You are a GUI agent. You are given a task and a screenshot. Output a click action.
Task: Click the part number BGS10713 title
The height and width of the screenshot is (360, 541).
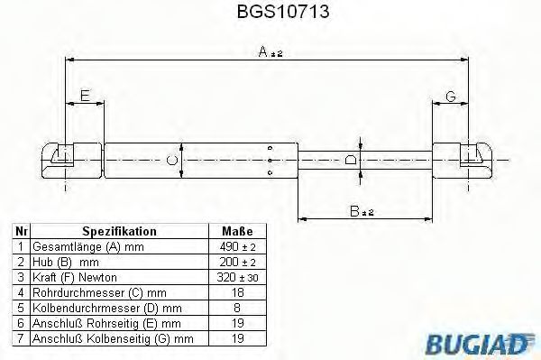tap(270, 13)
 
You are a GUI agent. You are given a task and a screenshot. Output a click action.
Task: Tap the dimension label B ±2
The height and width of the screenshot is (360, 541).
tap(363, 211)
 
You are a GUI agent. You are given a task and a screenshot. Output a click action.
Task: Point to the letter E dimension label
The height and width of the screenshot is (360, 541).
tap(85, 96)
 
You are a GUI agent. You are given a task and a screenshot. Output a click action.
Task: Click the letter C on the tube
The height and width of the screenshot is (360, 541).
tap(171, 161)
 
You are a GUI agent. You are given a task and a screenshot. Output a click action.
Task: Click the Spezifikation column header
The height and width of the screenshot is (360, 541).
tap(119, 231)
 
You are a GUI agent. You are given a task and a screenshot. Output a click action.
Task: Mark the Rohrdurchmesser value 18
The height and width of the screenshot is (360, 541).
tap(236, 291)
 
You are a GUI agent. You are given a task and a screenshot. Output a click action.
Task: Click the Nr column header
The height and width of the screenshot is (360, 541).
tap(20, 231)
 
